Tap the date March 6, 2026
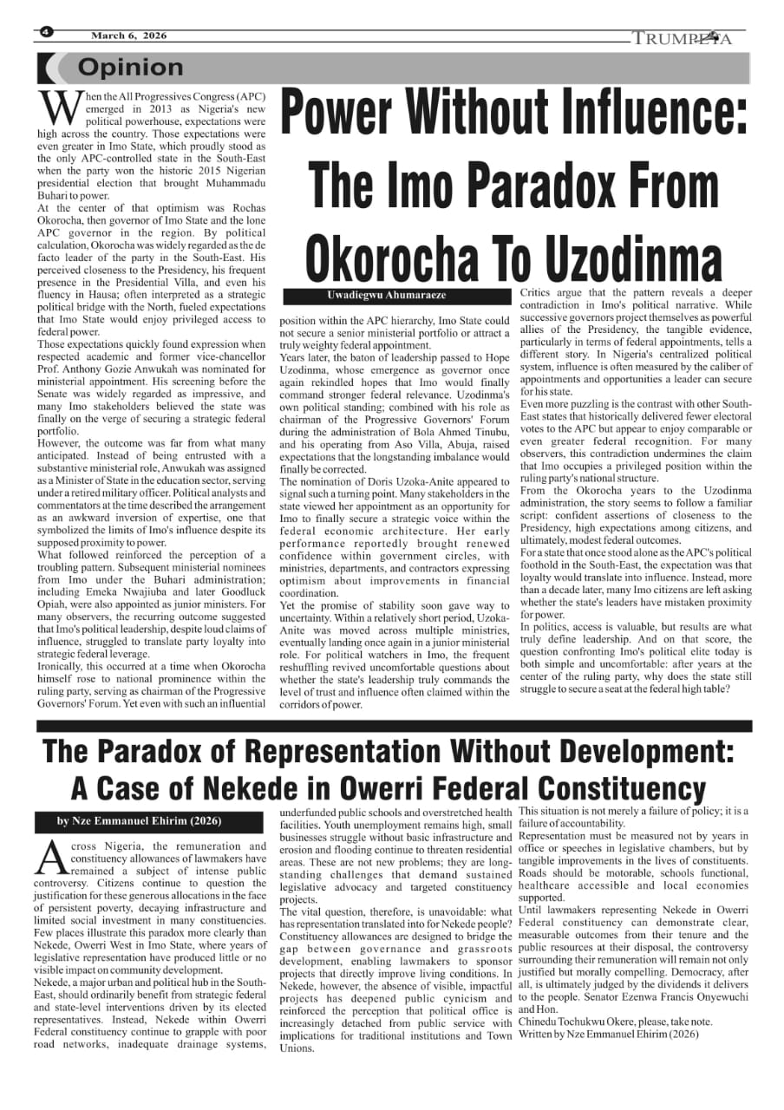pos(128,36)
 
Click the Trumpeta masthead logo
pos(683,38)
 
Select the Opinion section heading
pos(130,67)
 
